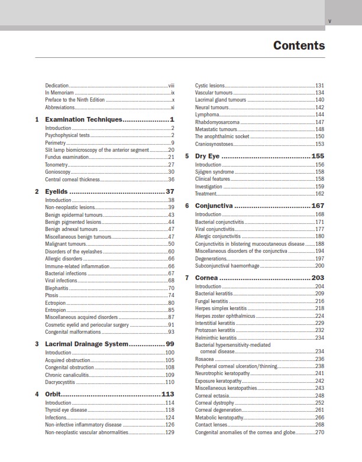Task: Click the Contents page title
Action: (x=299, y=45)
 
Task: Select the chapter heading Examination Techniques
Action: (x=83, y=119)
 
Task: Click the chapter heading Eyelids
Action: (x=57, y=191)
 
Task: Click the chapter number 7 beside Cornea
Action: (x=187, y=278)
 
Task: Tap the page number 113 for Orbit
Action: (x=167, y=394)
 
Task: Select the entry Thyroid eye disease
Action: (x=66, y=409)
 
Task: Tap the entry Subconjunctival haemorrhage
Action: (x=227, y=265)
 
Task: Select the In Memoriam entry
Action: (x=59, y=93)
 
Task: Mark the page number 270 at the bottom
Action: (x=319, y=432)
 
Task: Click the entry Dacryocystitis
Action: (x=60, y=382)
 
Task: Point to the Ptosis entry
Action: (x=52, y=295)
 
